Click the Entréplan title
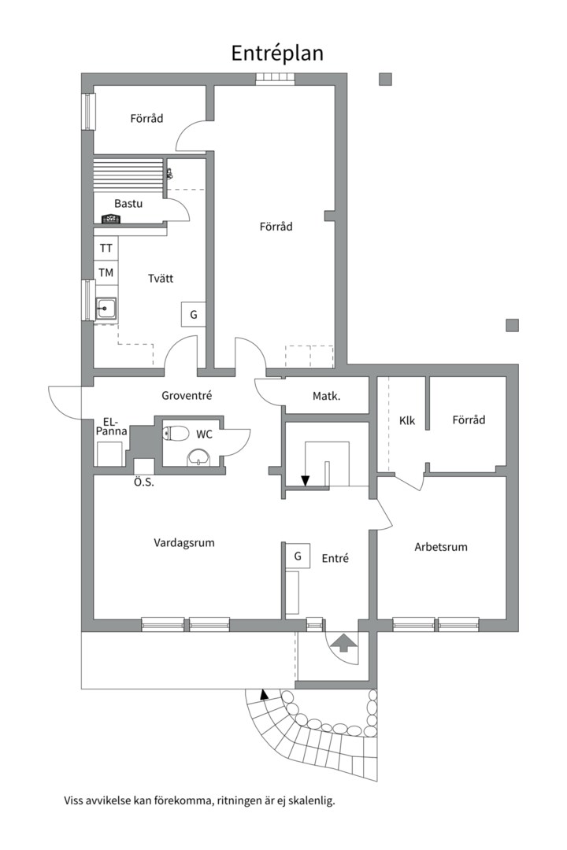[277, 54]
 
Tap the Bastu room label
[128, 204]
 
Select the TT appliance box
[106, 248]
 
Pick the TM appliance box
[106, 272]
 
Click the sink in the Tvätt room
[106, 309]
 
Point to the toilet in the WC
[176, 433]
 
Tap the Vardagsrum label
[184, 542]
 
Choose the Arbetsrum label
[440, 547]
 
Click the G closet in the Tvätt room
[193, 314]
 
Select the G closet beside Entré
[298, 556]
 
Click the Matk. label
[327, 396]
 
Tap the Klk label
[407, 420]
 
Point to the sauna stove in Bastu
[111, 219]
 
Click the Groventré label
[187, 396]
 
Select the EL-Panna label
[112, 427]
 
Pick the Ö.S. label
[144, 482]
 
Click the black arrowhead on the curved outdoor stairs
[264, 693]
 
